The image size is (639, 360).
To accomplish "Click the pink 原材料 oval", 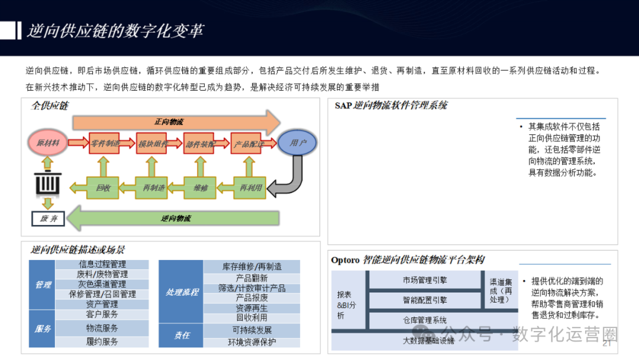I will point(47,143).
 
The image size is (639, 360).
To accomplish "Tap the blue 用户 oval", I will point(298,143).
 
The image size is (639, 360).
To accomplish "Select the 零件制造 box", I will point(104,143).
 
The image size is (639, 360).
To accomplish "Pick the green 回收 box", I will point(103,188).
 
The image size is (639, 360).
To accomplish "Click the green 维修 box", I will point(201,188).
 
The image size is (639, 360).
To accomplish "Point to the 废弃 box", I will point(47,218).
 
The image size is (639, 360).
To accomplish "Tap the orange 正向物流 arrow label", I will point(169,122).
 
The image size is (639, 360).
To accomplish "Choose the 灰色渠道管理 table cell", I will point(102,284).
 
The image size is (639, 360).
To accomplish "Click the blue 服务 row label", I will point(43,329).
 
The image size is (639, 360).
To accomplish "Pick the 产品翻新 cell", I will point(251,278).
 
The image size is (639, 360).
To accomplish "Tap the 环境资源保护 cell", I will point(251,342).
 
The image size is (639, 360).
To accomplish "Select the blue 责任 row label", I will point(182,335).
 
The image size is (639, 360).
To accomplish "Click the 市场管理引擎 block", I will point(424,280).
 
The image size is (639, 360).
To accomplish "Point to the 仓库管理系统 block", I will point(424,320).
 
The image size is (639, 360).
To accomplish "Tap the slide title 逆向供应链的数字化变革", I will point(115,31).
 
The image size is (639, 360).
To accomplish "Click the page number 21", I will point(606,344).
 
